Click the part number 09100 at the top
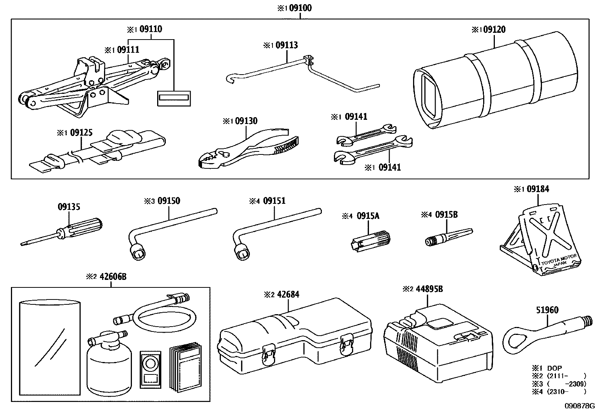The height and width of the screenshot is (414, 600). pos(300,8)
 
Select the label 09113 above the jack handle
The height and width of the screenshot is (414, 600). pos(286,45)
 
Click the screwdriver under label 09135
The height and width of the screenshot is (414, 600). pos(64,232)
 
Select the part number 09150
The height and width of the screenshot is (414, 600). pos(168,201)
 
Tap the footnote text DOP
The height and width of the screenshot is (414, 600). pos(554,368)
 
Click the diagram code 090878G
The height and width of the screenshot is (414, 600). pos(579,406)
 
